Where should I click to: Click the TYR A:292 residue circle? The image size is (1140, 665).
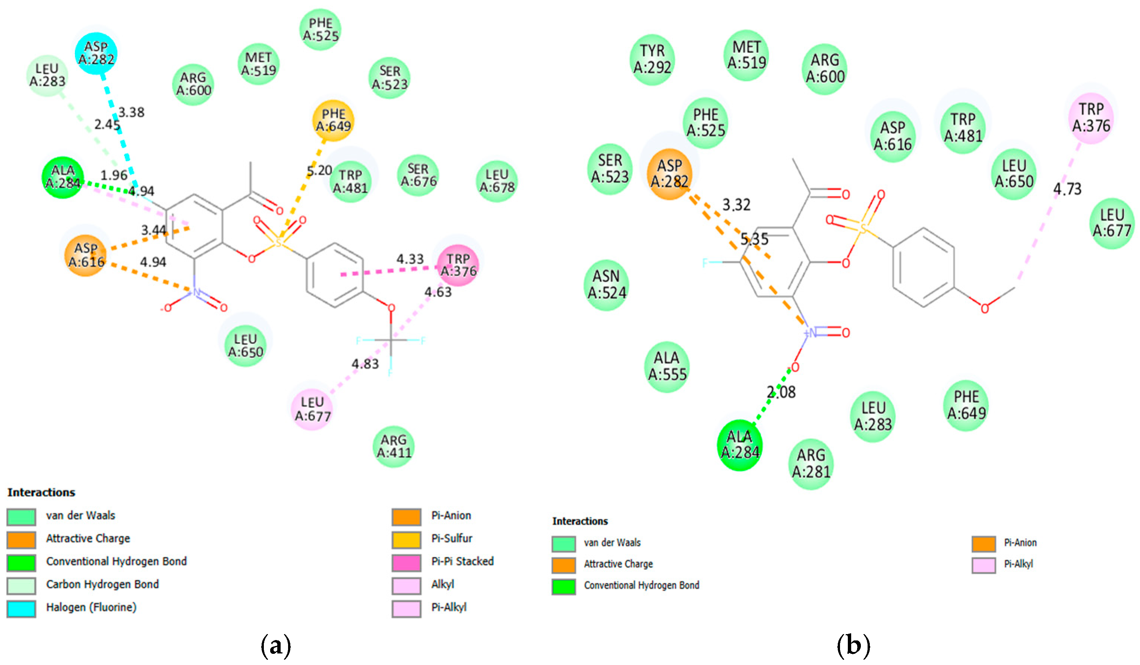click(x=652, y=59)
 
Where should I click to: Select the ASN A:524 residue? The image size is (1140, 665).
click(x=606, y=285)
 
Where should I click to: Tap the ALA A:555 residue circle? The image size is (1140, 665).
click(x=667, y=366)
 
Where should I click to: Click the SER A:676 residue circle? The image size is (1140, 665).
click(x=418, y=175)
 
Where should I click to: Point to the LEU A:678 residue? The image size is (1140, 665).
click(x=497, y=181)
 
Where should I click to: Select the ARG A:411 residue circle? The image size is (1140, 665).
click(x=394, y=446)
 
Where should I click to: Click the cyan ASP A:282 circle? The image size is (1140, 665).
click(x=96, y=53)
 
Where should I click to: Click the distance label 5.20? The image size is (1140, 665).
click(x=319, y=171)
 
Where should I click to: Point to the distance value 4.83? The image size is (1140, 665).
click(x=365, y=364)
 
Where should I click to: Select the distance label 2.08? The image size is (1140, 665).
click(x=781, y=392)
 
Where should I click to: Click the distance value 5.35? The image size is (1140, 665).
click(x=754, y=239)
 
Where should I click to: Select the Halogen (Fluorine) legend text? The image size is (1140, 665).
click(x=91, y=607)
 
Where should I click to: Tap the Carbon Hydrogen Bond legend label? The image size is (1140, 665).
click(x=102, y=584)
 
